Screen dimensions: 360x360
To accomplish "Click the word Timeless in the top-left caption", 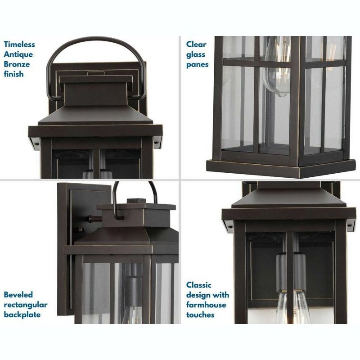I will (19, 45).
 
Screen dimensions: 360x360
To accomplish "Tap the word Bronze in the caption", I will (17, 64).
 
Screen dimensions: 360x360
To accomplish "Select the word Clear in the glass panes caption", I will (196, 45).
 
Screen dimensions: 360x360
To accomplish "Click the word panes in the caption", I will (198, 64).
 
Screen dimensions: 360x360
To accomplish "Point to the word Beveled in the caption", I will (18, 295).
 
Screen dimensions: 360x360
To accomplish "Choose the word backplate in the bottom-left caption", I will (22, 315).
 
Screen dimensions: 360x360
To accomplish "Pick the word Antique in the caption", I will (18, 54).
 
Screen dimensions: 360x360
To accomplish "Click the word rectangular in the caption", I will (26, 305).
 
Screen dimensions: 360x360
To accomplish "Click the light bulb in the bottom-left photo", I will (131, 315).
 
